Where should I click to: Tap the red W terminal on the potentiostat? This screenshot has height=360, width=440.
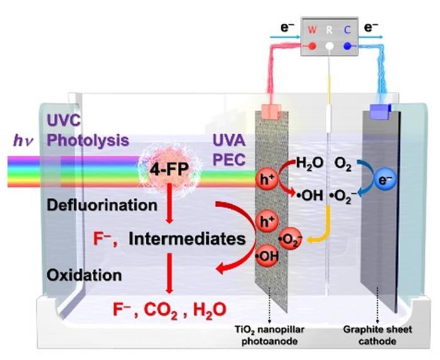[312, 46]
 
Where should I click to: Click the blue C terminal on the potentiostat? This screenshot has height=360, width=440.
[346, 46]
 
